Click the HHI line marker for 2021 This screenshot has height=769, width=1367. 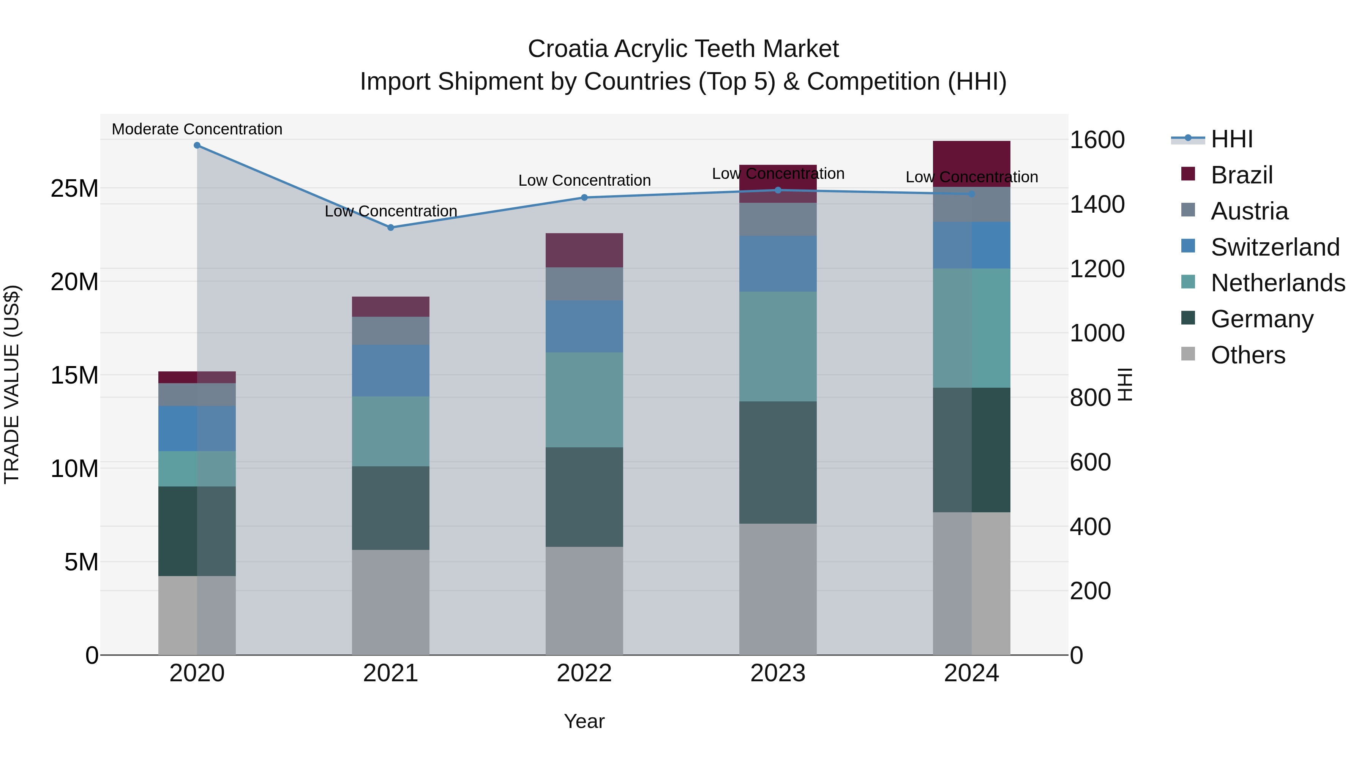(391, 227)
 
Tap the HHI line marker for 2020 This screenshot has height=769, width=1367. (197, 145)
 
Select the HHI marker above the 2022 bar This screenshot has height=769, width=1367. (584, 197)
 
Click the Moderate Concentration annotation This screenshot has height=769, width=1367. (197, 129)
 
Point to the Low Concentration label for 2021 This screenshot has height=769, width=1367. (391, 211)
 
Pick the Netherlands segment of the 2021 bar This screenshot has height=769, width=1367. (391, 431)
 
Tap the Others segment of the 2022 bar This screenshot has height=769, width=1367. (584, 600)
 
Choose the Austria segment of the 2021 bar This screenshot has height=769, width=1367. (391, 331)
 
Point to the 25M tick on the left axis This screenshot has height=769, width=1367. (74, 188)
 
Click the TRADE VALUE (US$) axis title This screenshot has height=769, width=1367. (12, 384)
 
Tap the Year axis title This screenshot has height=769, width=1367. (584, 721)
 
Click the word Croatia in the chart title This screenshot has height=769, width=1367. (567, 49)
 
